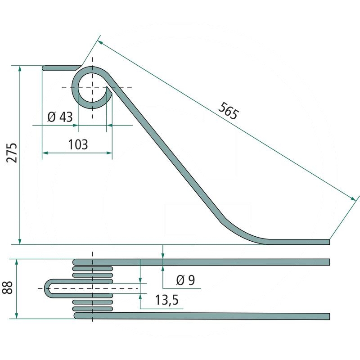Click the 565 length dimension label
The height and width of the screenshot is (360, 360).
point(229,111)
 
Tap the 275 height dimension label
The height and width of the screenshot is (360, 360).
point(12,153)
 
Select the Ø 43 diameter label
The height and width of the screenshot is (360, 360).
point(60,117)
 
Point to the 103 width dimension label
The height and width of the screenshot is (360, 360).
point(78,144)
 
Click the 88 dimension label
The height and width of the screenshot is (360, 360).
point(8,287)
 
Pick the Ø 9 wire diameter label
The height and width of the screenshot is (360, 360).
point(185,280)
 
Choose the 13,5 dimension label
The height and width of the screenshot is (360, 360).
point(167,300)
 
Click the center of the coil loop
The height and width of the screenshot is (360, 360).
point(93,87)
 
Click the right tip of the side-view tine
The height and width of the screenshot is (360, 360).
point(329,242)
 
